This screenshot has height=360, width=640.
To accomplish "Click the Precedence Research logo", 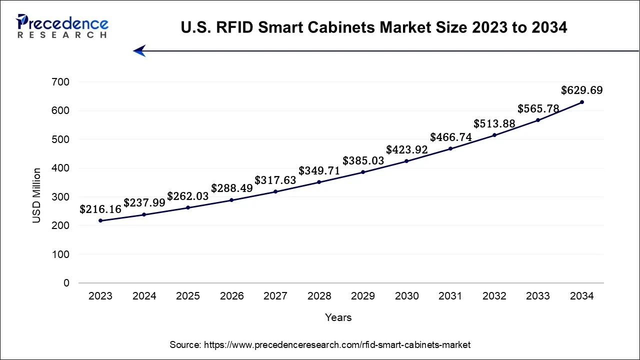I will pos(62,26).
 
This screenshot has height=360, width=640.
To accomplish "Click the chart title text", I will pos(373,27).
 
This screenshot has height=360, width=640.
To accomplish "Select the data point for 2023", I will pos(100,220).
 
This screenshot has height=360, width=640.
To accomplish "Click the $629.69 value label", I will pos(581,90).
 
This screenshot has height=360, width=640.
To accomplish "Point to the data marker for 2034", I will pos(581,102).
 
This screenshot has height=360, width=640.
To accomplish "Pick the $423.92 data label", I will pos(406,149).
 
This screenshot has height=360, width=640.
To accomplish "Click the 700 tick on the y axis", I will pos(60,82).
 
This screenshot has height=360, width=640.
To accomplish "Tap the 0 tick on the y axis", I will pos(66,283).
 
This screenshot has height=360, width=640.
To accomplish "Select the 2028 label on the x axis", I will pos(319,296).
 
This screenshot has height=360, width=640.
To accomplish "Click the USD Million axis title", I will pos(36,195).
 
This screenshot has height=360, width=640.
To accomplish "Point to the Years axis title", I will pos(338,317).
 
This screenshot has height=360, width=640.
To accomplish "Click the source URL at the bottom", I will pos(320,344).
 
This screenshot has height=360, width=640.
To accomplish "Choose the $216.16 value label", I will pos(100,209).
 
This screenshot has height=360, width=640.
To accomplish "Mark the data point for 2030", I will pos(406,161).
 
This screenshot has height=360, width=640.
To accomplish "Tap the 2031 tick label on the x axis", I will pos(450,296).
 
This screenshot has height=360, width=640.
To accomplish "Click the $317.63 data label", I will pos(275,180).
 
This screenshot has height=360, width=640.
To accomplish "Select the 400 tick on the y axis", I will pos(60,168).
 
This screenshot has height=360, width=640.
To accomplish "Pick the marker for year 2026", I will pos(231,200).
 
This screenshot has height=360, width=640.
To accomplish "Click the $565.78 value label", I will pos(538,108).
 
